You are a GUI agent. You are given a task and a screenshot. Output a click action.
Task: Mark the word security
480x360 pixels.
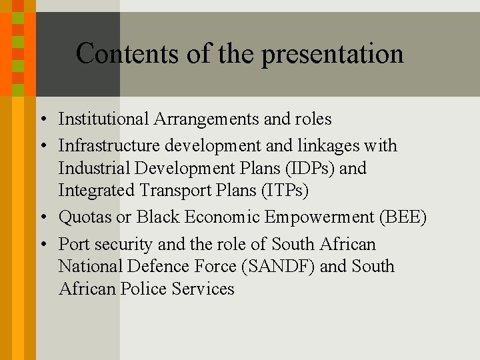pyautogui.click(x=117, y=245)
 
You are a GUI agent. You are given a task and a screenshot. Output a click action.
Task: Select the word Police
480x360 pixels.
pyautogui.click(x=144, y=289)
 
